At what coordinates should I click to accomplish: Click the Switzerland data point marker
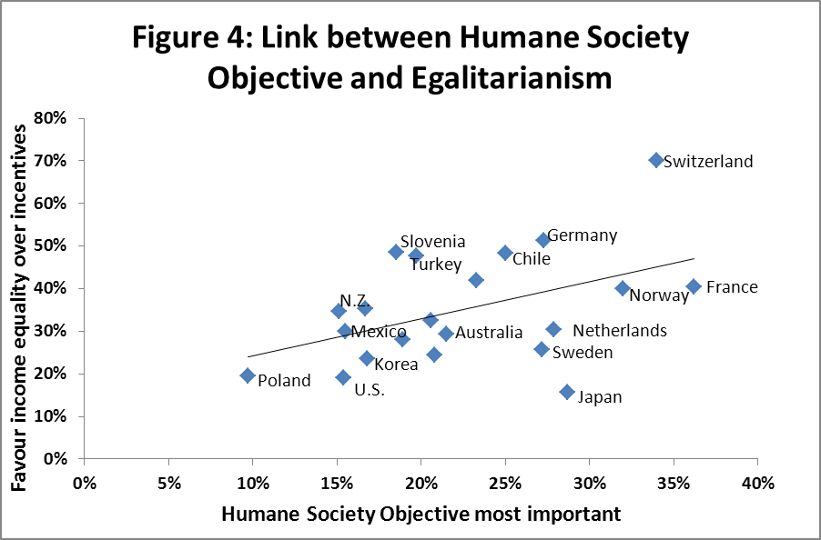pos(656,160)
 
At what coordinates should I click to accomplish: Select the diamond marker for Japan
pos(567,392)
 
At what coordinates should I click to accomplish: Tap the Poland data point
pos(248,375)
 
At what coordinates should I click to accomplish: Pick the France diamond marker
pos(694,286)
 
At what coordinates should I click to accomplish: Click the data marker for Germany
pos(543,240)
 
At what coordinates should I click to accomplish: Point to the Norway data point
pos(623,288)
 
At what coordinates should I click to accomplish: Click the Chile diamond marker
pos(505,253)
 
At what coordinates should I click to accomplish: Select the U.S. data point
pos(343,377)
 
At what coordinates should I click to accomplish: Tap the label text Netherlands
pos(619,330)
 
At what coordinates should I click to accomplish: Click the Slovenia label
pos(432,242)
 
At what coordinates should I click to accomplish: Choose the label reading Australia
pos(489,333)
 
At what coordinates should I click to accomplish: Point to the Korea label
pos(396,365)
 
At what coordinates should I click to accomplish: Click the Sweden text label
pos(583,352)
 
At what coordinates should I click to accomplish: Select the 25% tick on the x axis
pos(505,482)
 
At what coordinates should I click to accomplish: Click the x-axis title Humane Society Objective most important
pos(421,514)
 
